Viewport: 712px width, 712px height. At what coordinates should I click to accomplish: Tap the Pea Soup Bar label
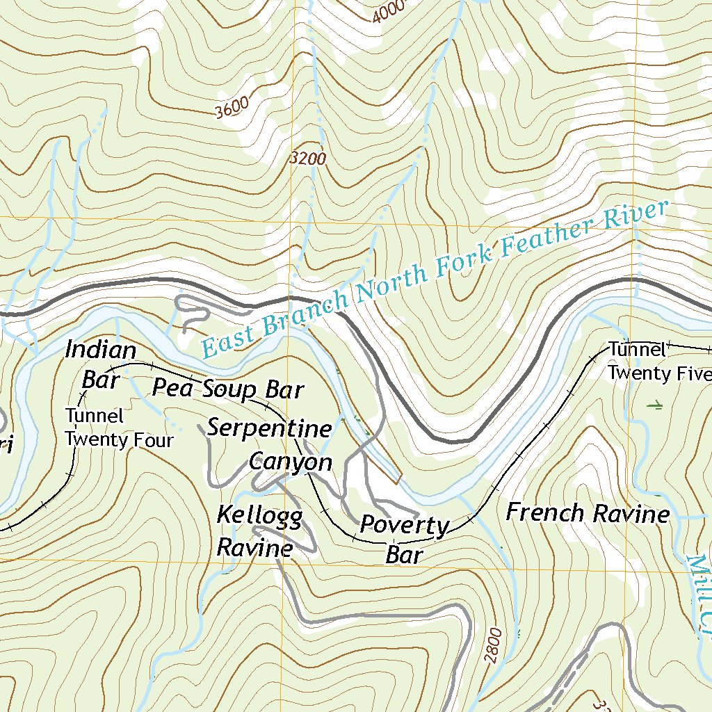click(228, 389)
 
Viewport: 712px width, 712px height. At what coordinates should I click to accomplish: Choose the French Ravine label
click(588, 514)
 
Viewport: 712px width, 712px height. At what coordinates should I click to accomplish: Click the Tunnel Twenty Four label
click(118, 428)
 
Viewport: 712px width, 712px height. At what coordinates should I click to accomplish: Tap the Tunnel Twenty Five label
click(657, 361)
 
